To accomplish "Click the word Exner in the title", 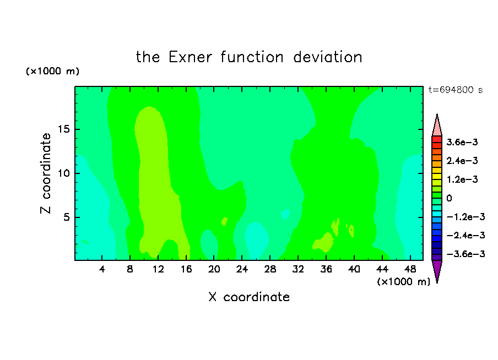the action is point(190,57).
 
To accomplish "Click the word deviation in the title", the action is point(327,57).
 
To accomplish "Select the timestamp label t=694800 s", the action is point(455,90).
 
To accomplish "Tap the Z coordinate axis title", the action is point(46,173).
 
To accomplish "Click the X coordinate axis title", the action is point(249,297).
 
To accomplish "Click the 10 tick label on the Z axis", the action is point(63,173).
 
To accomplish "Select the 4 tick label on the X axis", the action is point(101,269).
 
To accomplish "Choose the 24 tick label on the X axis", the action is point(242,269).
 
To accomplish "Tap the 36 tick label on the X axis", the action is point(326,269).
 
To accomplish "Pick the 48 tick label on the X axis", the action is point(410,269).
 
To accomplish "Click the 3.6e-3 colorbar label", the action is point(462,142).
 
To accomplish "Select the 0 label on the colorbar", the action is point(449,198).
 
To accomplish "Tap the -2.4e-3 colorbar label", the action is point(465,235).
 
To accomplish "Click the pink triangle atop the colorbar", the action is point(437,128).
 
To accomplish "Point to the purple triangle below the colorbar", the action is point(437,270).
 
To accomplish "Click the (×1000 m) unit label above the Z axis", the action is point(52,71).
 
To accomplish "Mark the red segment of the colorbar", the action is point(437,139).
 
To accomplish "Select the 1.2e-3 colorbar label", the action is point(462,179).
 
